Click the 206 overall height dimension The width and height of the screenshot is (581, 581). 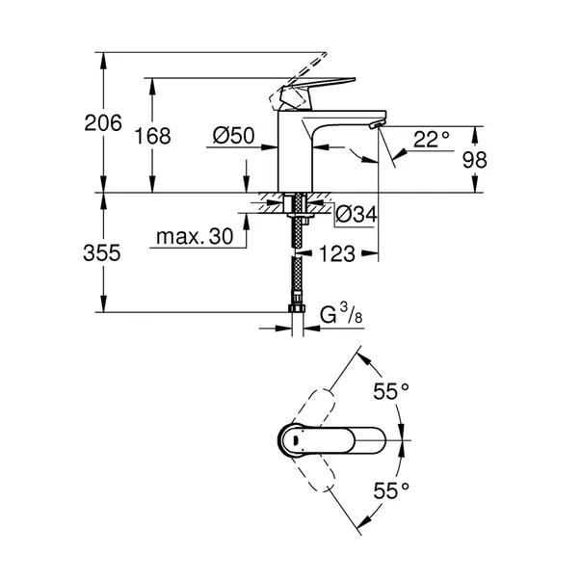click(x=103, y=123)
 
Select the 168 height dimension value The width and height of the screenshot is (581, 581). click(x=152, y=136)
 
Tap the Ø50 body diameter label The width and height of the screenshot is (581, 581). click(x=234, y=135)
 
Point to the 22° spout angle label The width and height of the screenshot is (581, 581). click(x=432, y=140)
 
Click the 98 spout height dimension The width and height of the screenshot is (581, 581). click(x=475, y=160)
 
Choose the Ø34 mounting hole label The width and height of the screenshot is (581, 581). click(x=357, y=214)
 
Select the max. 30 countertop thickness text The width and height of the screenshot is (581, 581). click(x=195, y=236)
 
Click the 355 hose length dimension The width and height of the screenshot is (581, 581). click(x=102, y=253)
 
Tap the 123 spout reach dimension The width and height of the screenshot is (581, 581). click(x=337, y=253)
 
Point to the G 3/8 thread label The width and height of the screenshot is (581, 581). click(x=341, y=314)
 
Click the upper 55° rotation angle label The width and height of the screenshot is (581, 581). click(x=391, y=391)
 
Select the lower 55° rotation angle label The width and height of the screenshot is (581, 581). click(x=391, y=490)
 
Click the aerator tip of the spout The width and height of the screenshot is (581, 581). click(x=377, y=125)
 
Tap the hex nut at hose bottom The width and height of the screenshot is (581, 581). click(x=297, y=308)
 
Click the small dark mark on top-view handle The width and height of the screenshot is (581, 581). click(x=295, y=440)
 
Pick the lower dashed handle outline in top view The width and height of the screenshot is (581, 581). click(x=315, y=470)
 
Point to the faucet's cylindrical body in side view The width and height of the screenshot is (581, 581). click(x=295, y=156)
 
